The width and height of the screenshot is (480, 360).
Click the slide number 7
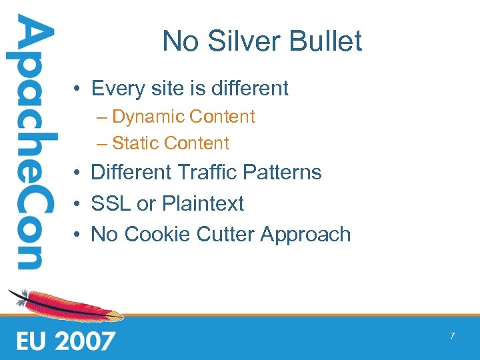pos(452,336)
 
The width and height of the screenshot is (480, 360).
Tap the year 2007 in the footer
pos(85,341)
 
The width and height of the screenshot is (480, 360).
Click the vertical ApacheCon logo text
pos(31,143)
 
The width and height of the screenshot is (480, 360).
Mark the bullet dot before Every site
pos(78,89)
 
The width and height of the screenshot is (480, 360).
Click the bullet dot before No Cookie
pos(78,235)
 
